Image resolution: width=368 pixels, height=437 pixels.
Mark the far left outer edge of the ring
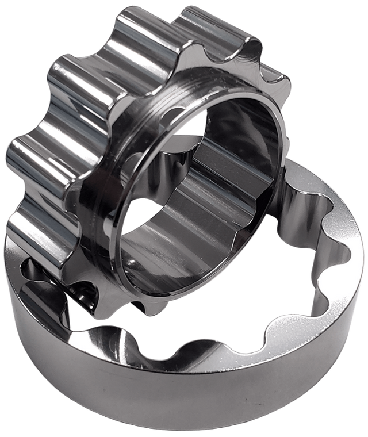point(6,276)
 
